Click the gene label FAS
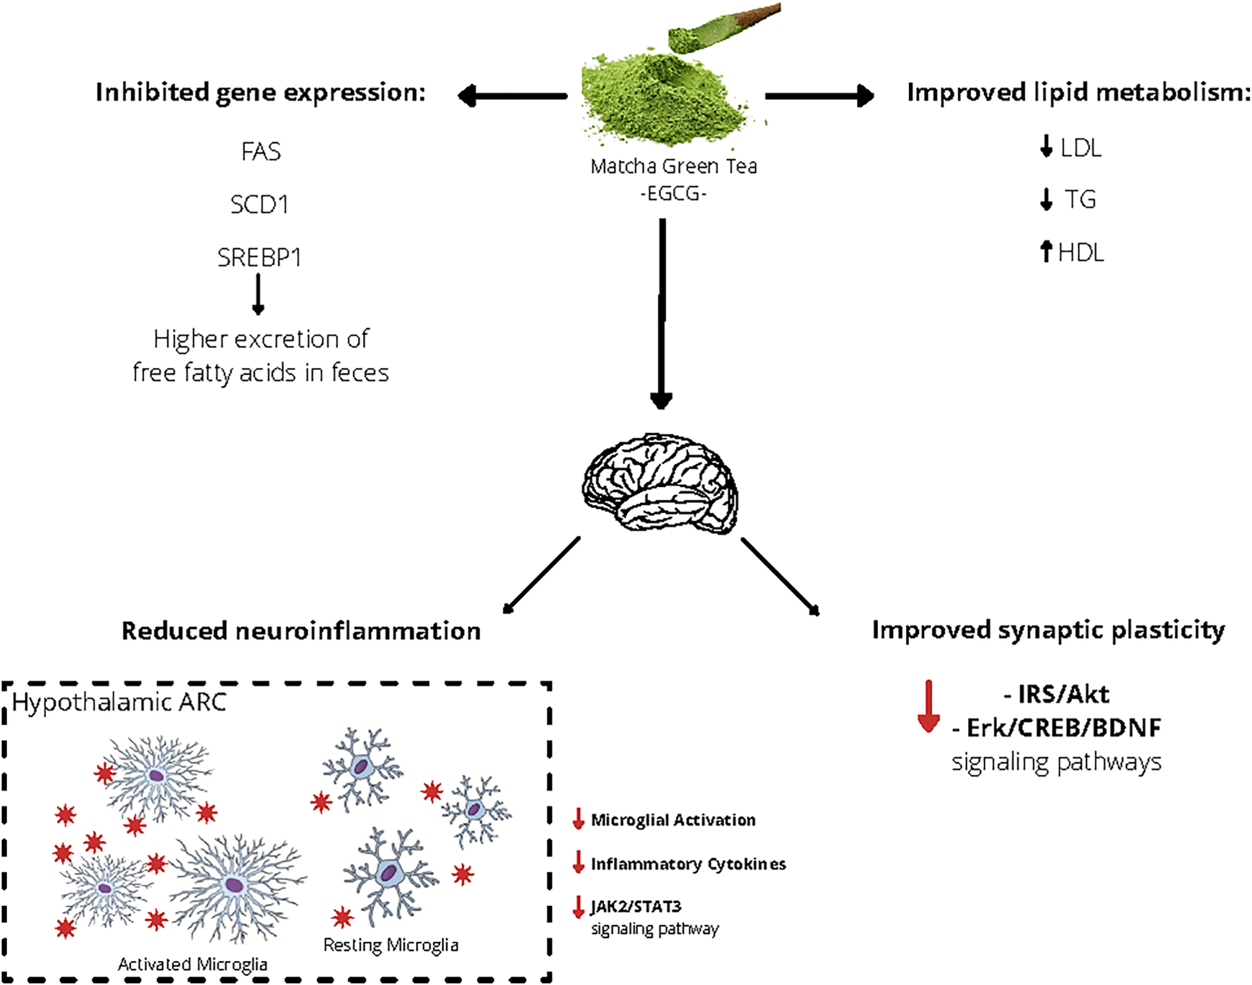click(261, 152)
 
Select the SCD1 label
click(259, 204)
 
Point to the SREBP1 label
click(259, 257)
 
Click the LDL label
click(1081, 148)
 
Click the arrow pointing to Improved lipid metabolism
click(819, 96)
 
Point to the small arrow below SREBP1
click(258, 294)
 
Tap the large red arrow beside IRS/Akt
click(928, 706)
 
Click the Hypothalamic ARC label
click(119, 702)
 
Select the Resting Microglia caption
click(391, 945)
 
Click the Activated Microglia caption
click(193, 964)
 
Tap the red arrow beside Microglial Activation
click(578, 819)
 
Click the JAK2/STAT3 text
click(636, 906)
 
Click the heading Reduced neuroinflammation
click(301, 631)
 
